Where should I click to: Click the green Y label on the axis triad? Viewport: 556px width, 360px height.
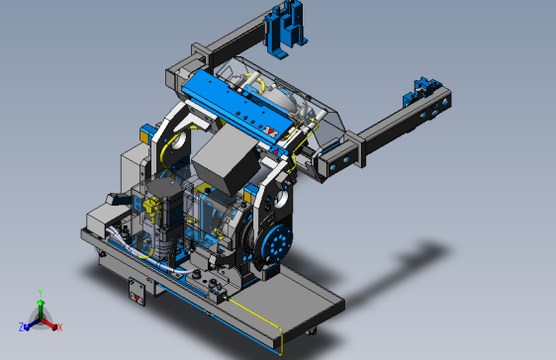click(x=41, y=293)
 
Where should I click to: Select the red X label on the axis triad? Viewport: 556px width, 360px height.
click(x=60, y=327)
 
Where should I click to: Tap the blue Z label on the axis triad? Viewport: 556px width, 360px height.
click(x=22, y=326)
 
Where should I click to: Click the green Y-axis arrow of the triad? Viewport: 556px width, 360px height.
click(x=41, y=309)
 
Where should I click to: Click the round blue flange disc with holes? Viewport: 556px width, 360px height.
click(x=276, y=244)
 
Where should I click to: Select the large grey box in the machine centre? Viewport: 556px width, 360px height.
click(x=226, y=159)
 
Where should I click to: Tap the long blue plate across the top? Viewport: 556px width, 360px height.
click(x=234, y=108)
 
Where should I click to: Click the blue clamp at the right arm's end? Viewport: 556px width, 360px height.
click(x=422, y=91)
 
